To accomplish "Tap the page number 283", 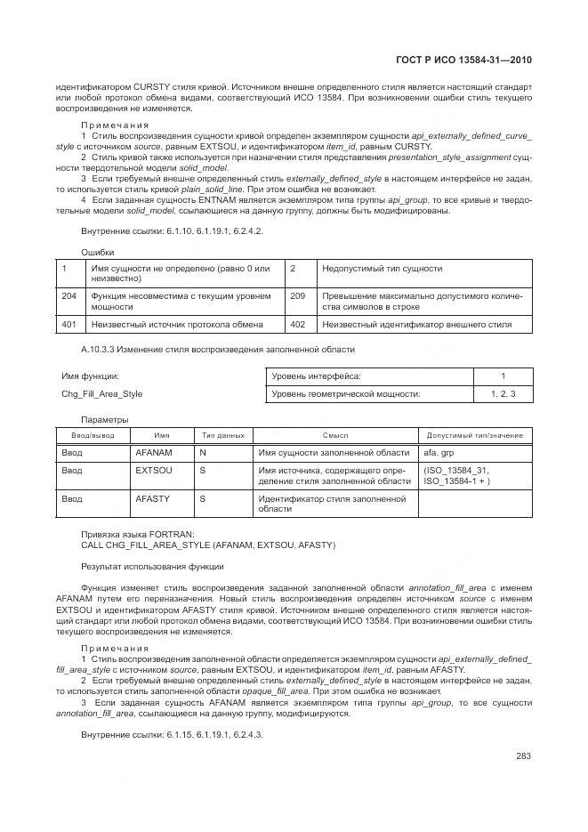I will (523, 755).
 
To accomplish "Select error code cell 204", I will (68, 295).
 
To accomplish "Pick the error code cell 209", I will (298, 295).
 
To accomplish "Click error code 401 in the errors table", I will (68, 325).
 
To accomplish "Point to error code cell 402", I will (298, 325).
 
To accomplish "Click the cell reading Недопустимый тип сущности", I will (382, 268).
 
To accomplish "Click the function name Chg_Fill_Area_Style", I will (101, 393).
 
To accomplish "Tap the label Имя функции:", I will (90, 376).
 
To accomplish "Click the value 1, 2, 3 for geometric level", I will (503, 393).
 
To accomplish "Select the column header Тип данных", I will (222, 435).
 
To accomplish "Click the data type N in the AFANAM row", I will (202, 452).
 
